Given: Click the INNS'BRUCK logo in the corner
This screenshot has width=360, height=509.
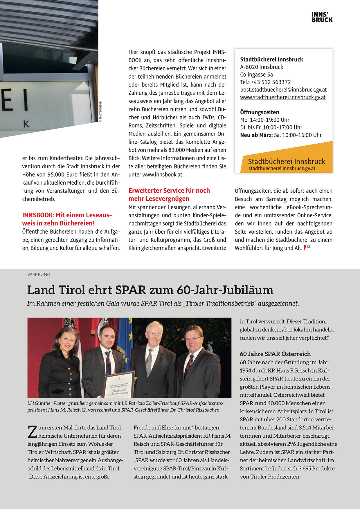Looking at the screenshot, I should pyautogui.click(x=322, y=17).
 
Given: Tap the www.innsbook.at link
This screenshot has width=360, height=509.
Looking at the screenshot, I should pyautogui.click(x=162, y=175).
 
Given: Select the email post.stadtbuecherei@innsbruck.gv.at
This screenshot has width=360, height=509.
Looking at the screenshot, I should pyautogui.click(x=283, y=90).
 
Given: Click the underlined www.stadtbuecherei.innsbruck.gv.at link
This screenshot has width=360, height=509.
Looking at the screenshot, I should pyautogui.click(x=282, y=97).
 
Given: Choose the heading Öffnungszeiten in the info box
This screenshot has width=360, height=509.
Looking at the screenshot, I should pyautogui.click(x=260, y=112).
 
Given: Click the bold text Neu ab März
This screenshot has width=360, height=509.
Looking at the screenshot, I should pyautogui.click(x=256, y=135).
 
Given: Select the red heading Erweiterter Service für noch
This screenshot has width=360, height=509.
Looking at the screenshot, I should pyautogui.click(x=169, y=191).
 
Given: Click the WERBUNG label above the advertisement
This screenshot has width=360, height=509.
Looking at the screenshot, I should pyautogui.click(x=39, y=275).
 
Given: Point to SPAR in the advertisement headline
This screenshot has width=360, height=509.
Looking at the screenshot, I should pyautogui.click(x=130, y=290).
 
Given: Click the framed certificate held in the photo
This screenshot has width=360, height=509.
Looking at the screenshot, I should pyautogui.click(x=119, y=384).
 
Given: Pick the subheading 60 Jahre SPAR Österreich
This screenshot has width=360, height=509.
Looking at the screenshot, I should pyautogui.click(x=275, y=354).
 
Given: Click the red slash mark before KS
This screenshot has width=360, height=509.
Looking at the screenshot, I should pyautogui.click(x=305, y=248).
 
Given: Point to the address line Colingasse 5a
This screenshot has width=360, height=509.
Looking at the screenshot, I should pyautogui.click(x=256, y=75).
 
